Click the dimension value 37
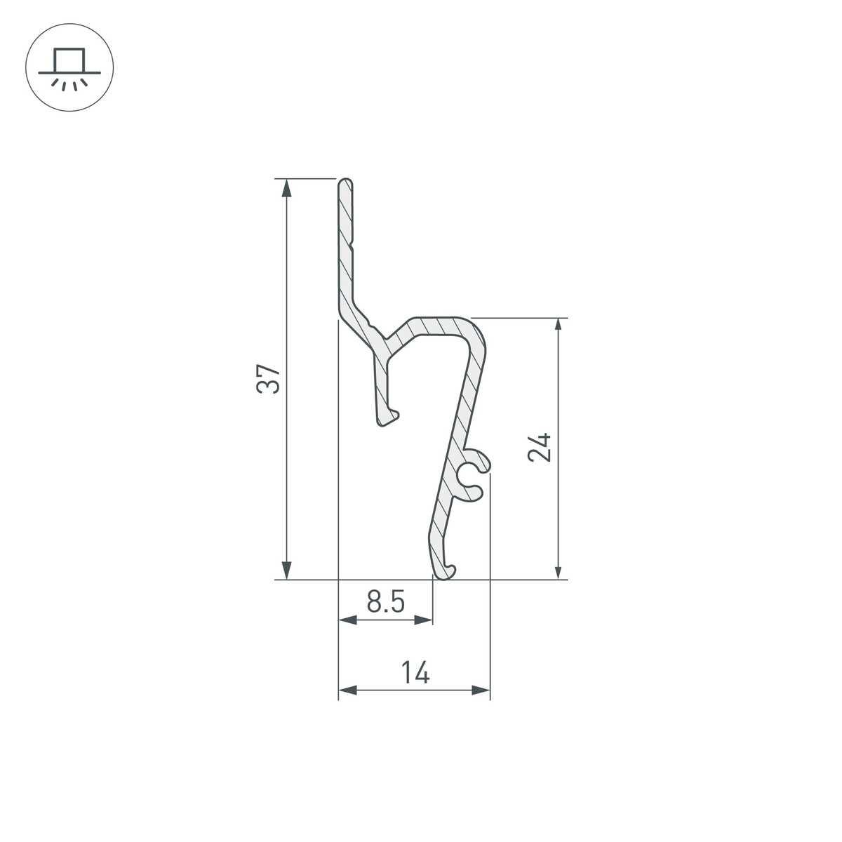[269, 379]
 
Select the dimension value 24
[540, 448]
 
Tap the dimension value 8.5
[385, 601]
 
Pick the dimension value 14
[415, 672]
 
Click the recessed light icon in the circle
[69, 69]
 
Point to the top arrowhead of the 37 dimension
[286, 188]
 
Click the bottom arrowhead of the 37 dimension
[286, 570]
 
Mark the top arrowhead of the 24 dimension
[558, 327]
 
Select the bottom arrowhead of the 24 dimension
[558, 570]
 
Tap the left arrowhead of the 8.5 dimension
[347, 620]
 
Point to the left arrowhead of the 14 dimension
[347, 690]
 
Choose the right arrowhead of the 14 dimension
[481, 690]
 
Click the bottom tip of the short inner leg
[386, 420]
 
